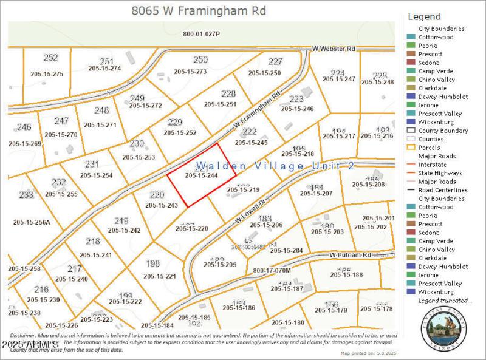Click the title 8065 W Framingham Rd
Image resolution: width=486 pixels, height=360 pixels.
(x=199, y=11)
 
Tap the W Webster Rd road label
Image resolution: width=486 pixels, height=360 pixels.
(x=333, y=48)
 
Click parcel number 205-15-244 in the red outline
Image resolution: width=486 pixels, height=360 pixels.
(x=202, y=175)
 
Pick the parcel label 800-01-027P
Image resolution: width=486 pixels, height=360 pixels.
(x=202, y=34)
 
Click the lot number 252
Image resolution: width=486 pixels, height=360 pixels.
(x=51, y=58)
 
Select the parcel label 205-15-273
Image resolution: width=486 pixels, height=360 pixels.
(x=190, y=72)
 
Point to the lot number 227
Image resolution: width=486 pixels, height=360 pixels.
(x=275, y=61)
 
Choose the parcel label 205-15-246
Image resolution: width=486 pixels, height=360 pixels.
(x=297, y=109)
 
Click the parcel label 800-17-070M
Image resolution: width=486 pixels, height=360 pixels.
(x=272, y=270)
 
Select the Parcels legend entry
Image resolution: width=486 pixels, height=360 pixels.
(x=430, y=148)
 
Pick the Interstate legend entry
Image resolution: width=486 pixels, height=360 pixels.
(x=432, y=165)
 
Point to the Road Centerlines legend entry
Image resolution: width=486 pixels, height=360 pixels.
(x=443, y=190)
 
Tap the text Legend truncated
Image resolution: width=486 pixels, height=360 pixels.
(x=445, y=301)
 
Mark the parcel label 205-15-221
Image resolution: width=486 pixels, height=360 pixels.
(x=160, y=276)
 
